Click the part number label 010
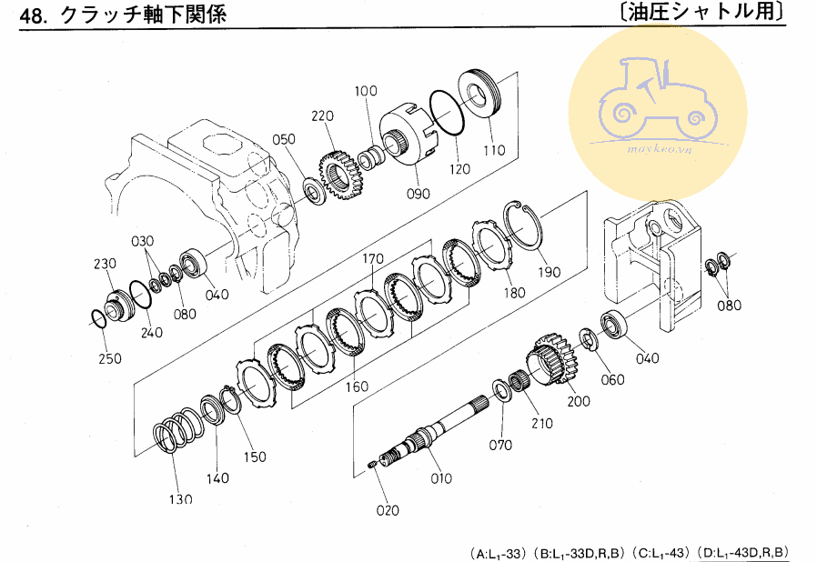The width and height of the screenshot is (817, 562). pyautogui.click(x=440, y=478)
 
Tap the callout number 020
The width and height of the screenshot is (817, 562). pyautogui.click(x=387, y=510)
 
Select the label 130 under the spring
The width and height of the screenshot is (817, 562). pyautogui.click(x=180, y=498)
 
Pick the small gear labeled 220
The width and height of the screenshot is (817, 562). pyautogui.click(x=343, y=175)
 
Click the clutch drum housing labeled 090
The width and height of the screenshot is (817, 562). pyautogui.click(x=414, y=136)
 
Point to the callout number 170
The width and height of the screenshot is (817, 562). pyautogui.click(x=372, y=259)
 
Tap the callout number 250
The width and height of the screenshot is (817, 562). pyautogui.click(x=108, y=358)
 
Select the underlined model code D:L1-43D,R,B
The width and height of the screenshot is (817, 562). pyautogui.click(x=742, y=552)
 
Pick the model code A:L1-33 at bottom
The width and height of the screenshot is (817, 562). pyautogui.click(x=499, y=552)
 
